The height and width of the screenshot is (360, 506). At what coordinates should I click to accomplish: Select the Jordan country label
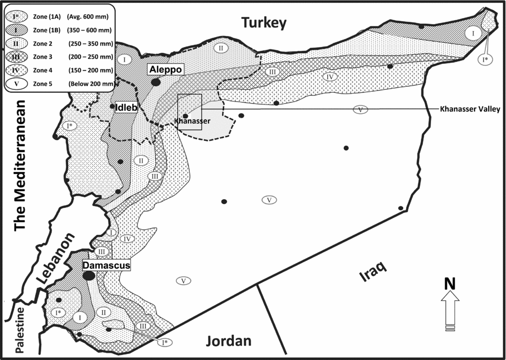(x=229, y=341)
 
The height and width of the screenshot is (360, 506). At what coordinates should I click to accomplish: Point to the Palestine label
(x=20, y=329)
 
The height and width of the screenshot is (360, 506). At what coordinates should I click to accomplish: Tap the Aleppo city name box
(x=165, y=70)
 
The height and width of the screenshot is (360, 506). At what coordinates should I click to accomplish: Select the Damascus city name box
(x=106, y=265)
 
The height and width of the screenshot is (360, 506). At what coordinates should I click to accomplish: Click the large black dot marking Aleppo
(x=156, y=82)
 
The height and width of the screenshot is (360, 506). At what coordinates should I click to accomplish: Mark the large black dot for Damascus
(x=89, y=276)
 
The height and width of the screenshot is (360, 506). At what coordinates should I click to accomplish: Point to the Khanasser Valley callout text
(x=470, y=109)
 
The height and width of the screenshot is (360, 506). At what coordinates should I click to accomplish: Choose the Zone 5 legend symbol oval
(x=17, y=84)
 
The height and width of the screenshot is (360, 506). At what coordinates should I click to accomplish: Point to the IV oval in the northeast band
(x=331, y=77)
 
